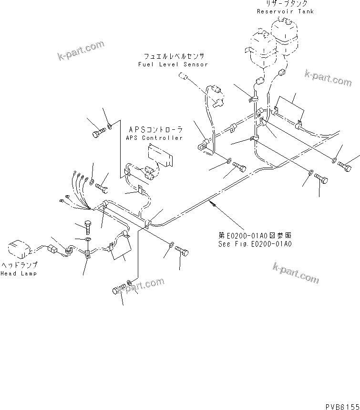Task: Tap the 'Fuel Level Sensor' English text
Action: (173, 64)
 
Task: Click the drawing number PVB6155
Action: (341, 406)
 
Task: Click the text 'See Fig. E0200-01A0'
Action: (253, 244)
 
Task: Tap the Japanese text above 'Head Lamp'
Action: (19, 265)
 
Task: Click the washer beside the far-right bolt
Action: (334, 159)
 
